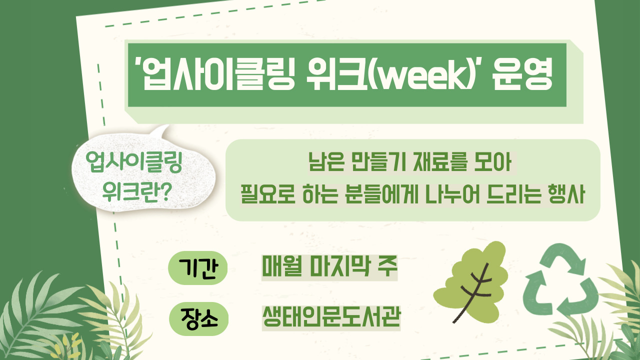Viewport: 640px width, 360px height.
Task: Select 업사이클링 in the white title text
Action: [x=217, y=75]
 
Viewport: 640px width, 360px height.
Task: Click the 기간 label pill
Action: [x=197, y=267]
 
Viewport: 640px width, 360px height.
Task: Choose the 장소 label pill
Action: [x=199, y=318]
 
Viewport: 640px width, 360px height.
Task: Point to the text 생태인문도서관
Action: [x=331, y=317]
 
